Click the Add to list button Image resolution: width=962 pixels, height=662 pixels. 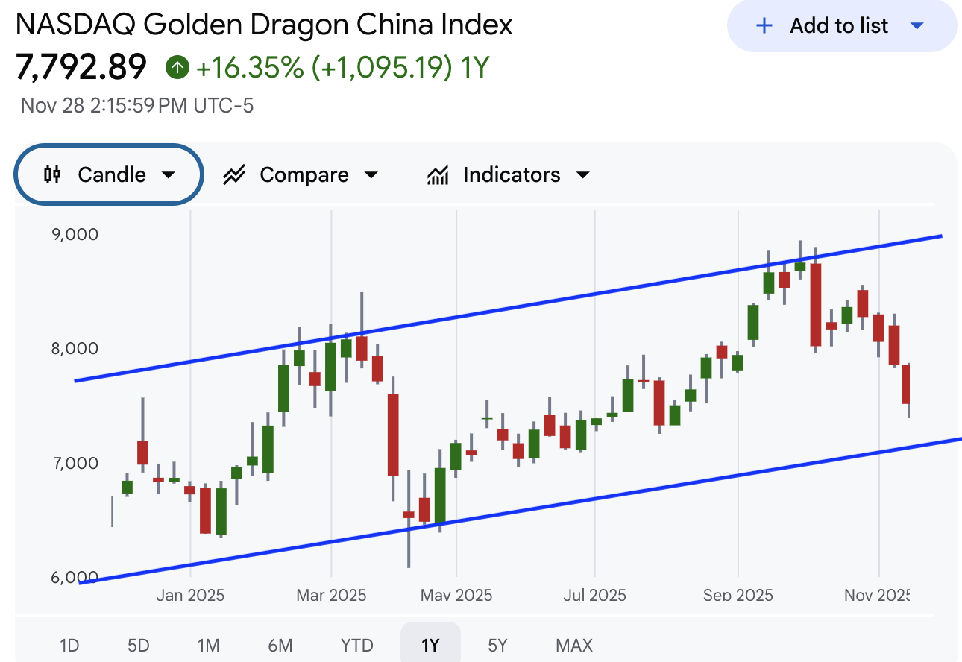tap(841, 26)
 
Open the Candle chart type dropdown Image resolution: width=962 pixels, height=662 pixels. tap(109, 174)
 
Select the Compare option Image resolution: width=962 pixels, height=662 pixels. tap(301, 175)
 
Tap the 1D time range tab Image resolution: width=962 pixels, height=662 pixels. tap(69, 645)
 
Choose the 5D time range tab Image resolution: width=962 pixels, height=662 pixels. tap(138, 645)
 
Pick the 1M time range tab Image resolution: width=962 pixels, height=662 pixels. tap(209, 645)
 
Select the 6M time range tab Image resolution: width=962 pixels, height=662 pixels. tap(280, 645)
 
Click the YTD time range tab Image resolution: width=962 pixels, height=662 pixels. tap(356, 645)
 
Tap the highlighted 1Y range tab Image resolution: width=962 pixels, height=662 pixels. tap(430, 645)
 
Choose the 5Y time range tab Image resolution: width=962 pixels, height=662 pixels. tap(497, 645)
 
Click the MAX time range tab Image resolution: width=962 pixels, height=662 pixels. tap(574, 645)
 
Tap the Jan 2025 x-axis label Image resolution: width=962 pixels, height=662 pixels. tap(190, 595)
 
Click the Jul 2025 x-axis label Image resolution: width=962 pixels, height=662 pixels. tap(594, 595)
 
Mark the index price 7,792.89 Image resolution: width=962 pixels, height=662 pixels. tap(81, 68)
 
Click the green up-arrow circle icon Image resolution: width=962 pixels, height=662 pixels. tap(177, 68)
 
